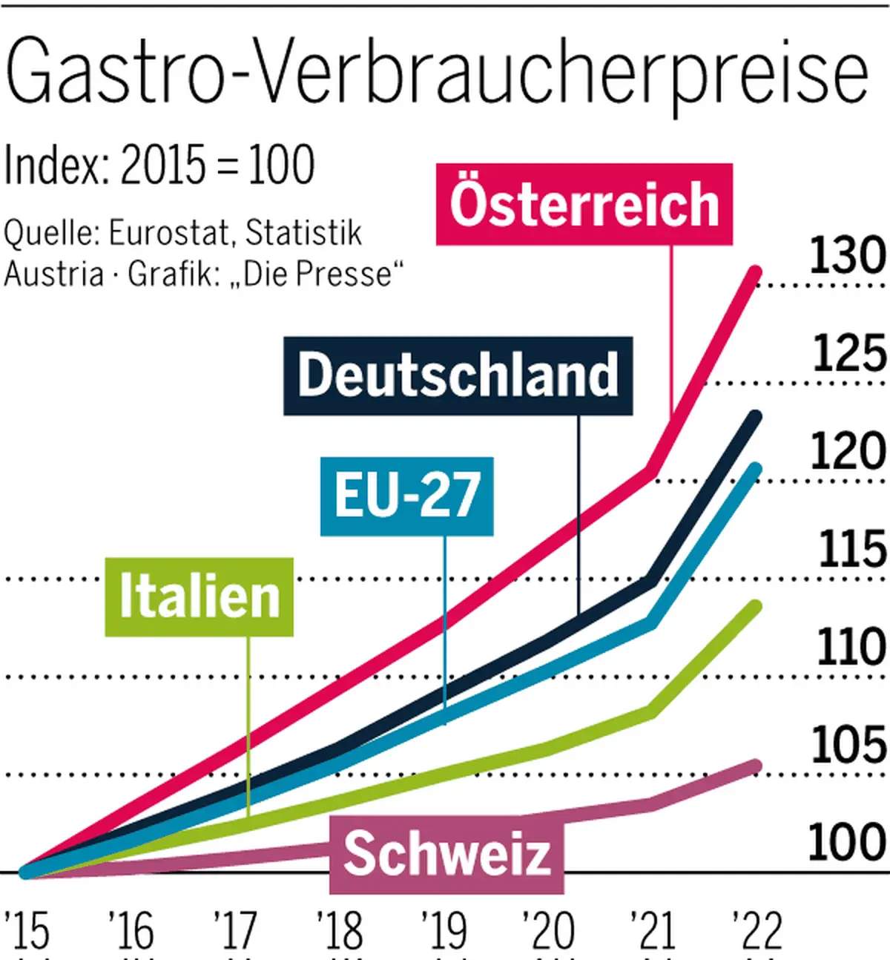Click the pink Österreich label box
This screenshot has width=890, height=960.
click(x=584, y=204)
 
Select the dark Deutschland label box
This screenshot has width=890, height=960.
click(x=458, y=375)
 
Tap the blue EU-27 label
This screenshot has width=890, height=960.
click(x=406, y=496)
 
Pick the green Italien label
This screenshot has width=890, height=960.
click(x=199, y=596)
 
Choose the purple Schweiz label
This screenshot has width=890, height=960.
click(x=446, y=854)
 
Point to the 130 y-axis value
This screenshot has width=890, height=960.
click(x=847, y=254)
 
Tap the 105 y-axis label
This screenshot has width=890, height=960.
click(x=848, y=745)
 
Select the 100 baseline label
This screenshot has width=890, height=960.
click(x=846, y=842)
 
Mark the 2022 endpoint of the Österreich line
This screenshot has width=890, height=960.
click(x=756, y=272)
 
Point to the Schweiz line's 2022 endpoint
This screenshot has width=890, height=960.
click(x=756, y=766)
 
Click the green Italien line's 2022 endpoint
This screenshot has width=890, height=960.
click(x=756, y=606)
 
